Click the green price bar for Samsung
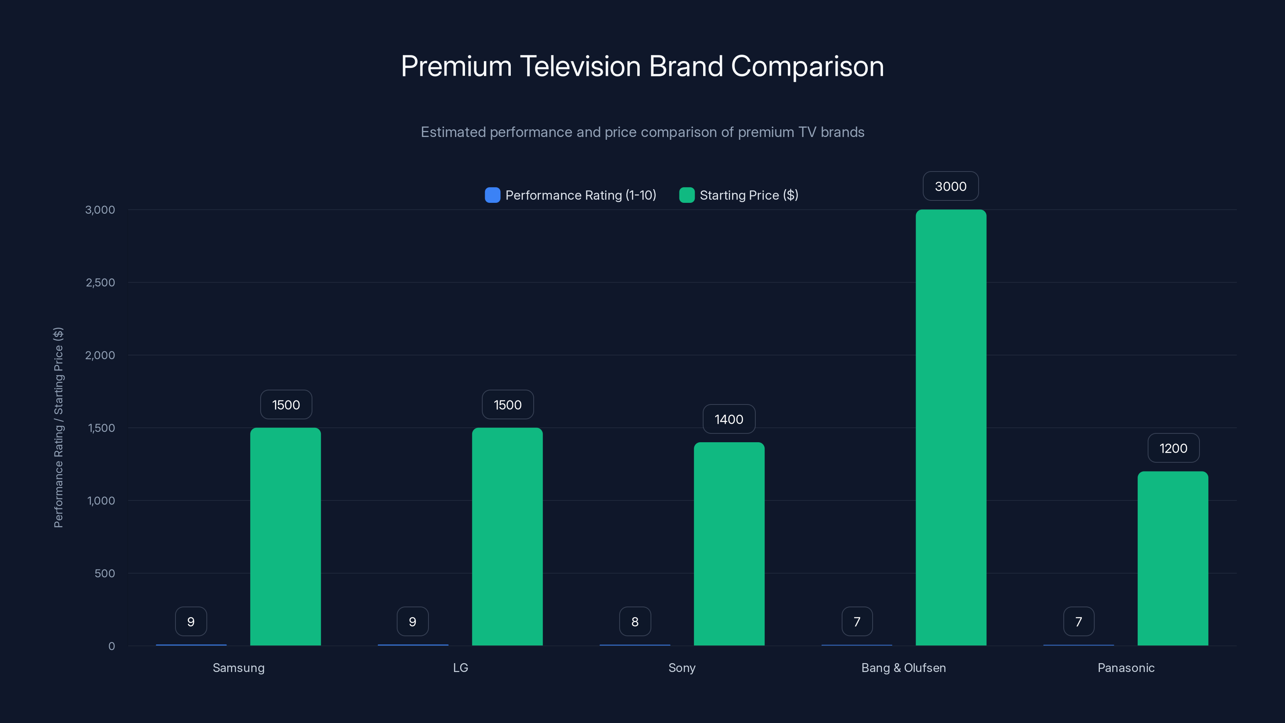(x=286, y=536)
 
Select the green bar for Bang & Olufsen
(x=951, y=428)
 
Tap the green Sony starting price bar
(x=729, y=544)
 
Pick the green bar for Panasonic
(x=1173, y=558)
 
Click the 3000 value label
(x=950, y=186)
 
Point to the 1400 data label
(x=729, y=419)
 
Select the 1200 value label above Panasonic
(x=1173, y=448)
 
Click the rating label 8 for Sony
(x=634, y=622)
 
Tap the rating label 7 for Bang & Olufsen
(x=857, y=622)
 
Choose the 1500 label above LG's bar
(x=507, y=404)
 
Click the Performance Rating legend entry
(x=571, y=195)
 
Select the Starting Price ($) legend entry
(x=739, y=195)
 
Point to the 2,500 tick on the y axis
(x=100, y=282)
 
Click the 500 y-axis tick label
(x=104, y=573)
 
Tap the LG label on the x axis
(x=460, y=668)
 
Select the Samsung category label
(x=239, y=668)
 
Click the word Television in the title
(x=580, y=66)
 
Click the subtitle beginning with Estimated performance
(x=642, y=132)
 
